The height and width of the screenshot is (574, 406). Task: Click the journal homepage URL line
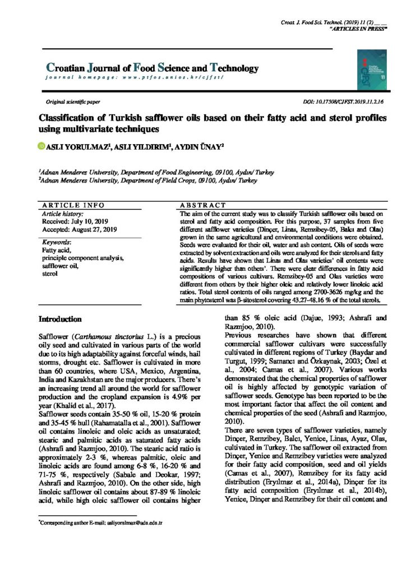(134, 78)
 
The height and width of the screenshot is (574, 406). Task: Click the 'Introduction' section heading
(59, 319)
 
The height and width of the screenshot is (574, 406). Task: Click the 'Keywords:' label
(58, 242)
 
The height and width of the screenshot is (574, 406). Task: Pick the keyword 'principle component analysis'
(83, 258)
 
